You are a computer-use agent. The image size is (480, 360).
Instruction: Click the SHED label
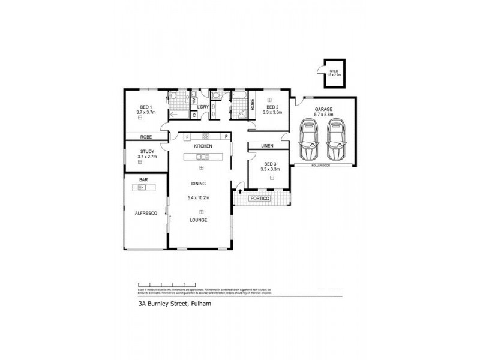click(334, 71)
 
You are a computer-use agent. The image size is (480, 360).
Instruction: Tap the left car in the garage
click(310, 140)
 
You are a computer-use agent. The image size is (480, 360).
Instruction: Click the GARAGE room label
click(323, 109)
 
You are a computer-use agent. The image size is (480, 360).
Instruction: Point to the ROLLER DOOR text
click(322, 164)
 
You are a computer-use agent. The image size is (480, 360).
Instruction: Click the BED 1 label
click(146, 107)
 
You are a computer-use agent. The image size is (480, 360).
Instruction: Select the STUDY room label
click(146, 152)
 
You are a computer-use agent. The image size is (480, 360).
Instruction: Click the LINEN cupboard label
click(268, 146)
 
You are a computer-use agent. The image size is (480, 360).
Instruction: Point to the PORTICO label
click(260, 198)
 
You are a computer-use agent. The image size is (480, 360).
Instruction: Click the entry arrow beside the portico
click(241, 192)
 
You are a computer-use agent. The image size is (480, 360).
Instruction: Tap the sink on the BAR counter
click(142, 188)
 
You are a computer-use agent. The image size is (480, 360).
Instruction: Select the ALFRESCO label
click(146, 213)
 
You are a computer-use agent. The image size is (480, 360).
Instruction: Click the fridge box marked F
click(172, 136)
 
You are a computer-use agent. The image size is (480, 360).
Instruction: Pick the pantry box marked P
click(226, 136)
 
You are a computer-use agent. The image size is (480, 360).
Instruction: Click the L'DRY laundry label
click(203, 107)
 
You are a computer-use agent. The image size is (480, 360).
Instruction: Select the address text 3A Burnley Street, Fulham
click(169, 304)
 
